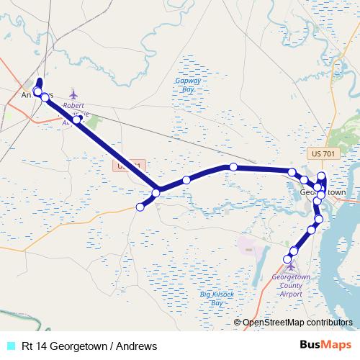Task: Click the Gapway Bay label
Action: coord(184,85)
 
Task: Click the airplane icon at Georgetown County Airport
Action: coord(291,266)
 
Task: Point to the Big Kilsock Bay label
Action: coord(214,298)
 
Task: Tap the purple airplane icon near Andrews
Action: coord(73,94)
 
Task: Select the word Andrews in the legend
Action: coord(135,346)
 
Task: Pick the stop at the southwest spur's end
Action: coord(140,207)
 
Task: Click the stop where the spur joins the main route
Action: coord(156,192)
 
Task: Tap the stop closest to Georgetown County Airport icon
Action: coord(288,258)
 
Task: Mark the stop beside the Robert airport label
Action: coord(77,120)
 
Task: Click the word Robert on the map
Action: coord(73,105)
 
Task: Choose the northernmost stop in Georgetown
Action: coord(322,176)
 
